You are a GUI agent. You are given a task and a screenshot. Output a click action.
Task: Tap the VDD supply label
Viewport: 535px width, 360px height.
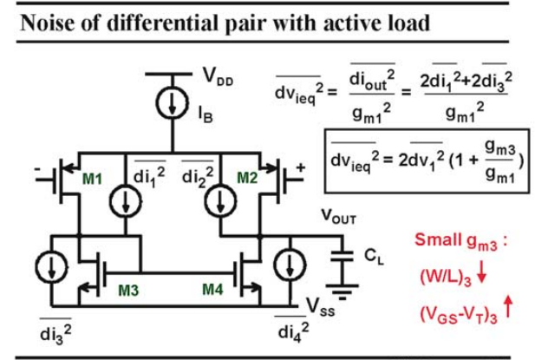[218, 75]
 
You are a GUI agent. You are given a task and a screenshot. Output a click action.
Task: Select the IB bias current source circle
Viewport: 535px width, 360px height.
[173, 102]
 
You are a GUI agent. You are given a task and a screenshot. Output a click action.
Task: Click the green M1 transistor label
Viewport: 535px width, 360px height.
[92, 179]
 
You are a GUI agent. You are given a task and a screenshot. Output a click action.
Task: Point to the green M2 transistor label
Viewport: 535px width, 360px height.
[247, 178]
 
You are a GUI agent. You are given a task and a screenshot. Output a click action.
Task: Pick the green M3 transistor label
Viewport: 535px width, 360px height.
[128, 290]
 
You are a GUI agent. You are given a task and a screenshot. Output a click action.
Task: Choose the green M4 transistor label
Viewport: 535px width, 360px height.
[213, 290]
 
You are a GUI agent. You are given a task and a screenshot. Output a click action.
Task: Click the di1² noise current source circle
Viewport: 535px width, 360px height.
[126, 201]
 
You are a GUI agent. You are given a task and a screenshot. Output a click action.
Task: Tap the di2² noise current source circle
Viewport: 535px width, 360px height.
[220, 201]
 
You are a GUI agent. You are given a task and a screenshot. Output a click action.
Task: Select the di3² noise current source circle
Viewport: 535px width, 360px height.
[51, 267]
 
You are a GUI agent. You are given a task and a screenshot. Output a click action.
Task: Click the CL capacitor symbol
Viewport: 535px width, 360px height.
[343, 256]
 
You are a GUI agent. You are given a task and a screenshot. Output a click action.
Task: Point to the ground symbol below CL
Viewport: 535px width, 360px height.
[343, 292]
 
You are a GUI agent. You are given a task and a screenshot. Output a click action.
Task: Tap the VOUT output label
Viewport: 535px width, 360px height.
[339, 216]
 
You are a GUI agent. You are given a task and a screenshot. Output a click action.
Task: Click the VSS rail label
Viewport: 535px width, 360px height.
[321, 306]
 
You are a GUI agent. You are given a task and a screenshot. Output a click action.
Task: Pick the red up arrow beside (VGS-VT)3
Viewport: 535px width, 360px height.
[508, 306]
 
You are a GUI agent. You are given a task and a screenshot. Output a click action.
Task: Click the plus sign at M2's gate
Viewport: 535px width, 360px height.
[300, 168]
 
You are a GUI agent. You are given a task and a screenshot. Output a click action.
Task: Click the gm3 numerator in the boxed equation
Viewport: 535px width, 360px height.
[499, 149]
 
